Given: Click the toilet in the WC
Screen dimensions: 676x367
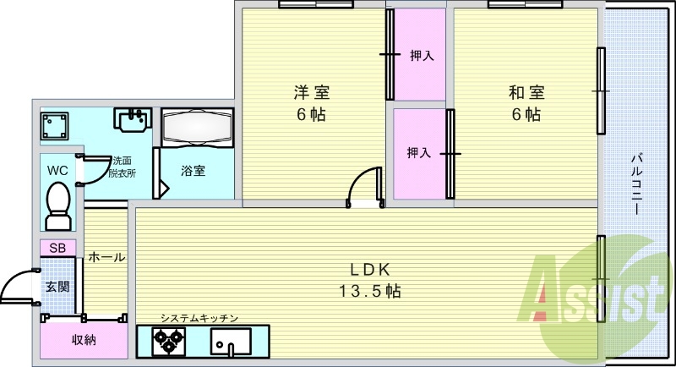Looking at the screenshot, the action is tap(58, 206).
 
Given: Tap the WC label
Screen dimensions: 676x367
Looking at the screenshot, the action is tap(57, 171).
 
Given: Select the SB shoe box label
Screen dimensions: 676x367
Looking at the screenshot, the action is tap(57, 248).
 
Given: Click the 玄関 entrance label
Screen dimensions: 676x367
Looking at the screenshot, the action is tap(57, 287).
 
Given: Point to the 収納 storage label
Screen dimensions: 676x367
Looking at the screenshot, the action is tap(84, 340).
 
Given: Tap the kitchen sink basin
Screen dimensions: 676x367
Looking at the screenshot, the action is tap(231, 341).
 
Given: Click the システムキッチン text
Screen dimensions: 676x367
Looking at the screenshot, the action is tap(199, 318).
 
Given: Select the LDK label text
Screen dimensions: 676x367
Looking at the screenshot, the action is tap(370, 270).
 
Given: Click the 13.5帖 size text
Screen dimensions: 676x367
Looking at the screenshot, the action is tap(370, 291).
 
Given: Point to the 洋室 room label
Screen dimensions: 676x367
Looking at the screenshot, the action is tap(312, 93).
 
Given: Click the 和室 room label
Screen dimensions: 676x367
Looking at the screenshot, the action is tap(526, 93).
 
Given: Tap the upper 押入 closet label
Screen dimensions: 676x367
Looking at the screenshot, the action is tap(421, 56).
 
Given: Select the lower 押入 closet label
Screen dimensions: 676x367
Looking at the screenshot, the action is tap(418, 153).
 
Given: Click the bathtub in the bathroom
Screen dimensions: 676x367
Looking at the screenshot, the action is tap(198, 127).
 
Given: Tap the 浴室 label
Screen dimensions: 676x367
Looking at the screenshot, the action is tap(193, 171).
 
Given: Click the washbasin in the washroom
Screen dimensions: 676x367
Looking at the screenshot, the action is tap(133, 119).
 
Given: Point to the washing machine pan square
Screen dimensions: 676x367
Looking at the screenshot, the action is tap(54, 126).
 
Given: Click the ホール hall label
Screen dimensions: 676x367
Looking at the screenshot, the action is tap(106, 257).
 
